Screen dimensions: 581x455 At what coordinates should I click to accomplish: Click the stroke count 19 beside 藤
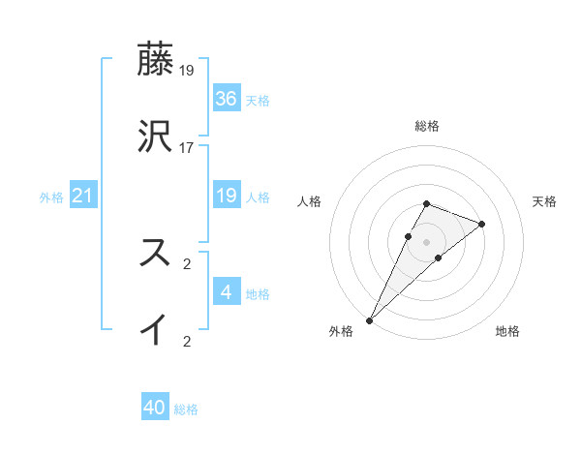[x=188, y=71]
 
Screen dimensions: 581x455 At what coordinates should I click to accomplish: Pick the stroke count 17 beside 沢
[x=188, y=148]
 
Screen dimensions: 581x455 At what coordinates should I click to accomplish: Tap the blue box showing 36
[x=227, y=98]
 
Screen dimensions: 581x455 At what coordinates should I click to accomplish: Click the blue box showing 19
[x=227, y=196]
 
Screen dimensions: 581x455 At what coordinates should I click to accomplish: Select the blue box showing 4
[x=227, y=292]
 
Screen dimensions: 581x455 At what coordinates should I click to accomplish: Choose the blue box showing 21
[x=83, y=196]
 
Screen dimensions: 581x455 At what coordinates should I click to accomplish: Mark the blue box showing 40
[x=155, y=408]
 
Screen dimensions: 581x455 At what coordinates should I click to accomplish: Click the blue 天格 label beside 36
[x=258, y=101]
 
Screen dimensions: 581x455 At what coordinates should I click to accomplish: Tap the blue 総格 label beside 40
[x=186, y=410]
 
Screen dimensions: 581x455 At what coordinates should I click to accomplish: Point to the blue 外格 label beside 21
[x=51, y=197]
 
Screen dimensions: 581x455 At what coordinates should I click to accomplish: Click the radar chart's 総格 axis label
[x=427, y=126]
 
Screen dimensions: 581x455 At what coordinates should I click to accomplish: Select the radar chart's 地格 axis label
[x=507, y=332]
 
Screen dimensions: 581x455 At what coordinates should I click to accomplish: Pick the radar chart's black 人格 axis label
[x=310, y=201]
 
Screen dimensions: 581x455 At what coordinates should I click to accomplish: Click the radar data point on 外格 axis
[x=369, y=319]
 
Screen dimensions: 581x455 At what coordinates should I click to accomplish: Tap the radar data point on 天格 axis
[x=482, y=224]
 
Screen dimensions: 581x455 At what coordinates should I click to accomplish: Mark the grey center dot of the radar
[x=427, y=241]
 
